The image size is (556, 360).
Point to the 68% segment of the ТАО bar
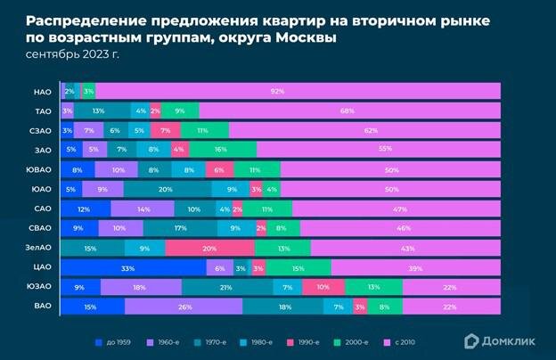click(x=347, y=110)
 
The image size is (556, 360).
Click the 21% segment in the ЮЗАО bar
click(x=226, y=287)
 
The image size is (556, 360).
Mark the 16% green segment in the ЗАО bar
click(x=220, y=150)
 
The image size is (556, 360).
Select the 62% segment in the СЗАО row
click(x=371, y=130)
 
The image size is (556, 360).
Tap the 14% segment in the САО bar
click(x=143, y=209)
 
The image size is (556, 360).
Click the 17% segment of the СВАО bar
click(x=181, y=228)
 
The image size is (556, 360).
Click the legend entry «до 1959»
click(x=115, y=341)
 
